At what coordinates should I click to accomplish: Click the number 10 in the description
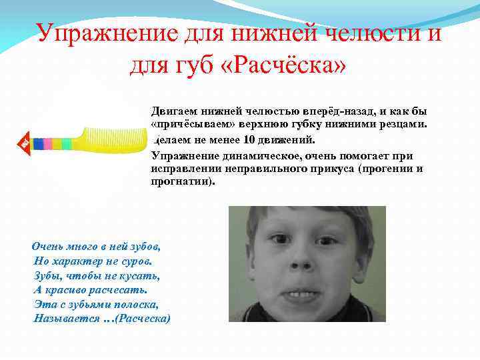(x=249, y=141)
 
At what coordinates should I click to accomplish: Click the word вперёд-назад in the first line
(x=334, y=110)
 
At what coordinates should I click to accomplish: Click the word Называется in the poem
(x=62, y=318)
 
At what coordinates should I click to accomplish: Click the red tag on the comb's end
(x=22, y=143)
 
